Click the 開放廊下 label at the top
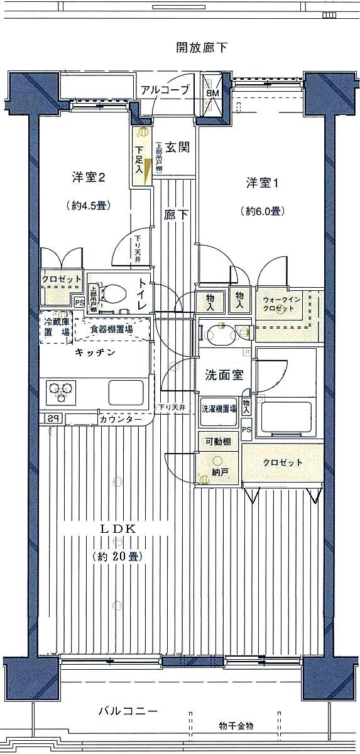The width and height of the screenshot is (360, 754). pyautogui.click(x=200, y=47)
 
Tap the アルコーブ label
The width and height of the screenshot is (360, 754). pyautogui.click(x=165, y=90)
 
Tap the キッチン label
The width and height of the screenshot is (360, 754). pyautogui.click(x=95, y=352)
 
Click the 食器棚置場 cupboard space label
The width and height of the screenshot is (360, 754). pyautogui.click(x=111, y=329)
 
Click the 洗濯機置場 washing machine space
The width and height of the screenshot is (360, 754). pyautogui.click(x=219, y=408)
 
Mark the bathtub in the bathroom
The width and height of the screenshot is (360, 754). pyautogui.click(x=286, y=418)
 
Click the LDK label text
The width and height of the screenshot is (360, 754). pyautogui.click(x=117, y=529)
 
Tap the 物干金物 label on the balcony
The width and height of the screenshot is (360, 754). pyautogui.click(x=237, y=726)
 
